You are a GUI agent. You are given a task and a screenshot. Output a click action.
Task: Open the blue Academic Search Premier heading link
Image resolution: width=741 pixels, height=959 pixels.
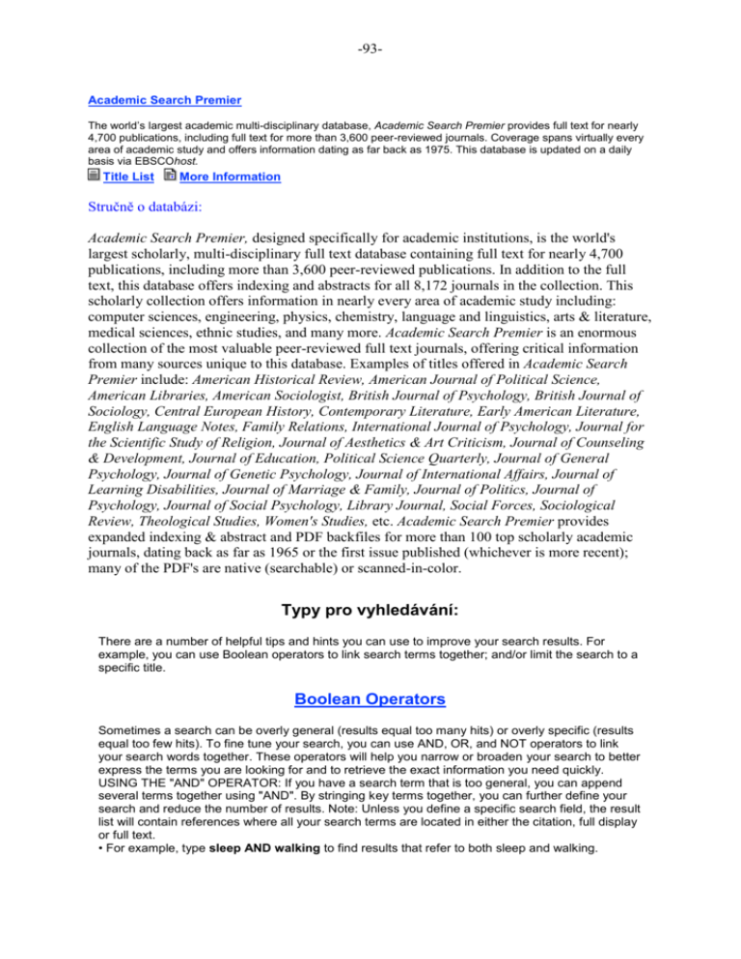(x=164, y=99)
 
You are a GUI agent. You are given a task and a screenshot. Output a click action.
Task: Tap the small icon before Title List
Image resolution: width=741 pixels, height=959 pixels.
(x=93, y=176)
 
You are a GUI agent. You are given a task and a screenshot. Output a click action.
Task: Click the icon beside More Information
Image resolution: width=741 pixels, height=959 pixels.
(x=170, y=176)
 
